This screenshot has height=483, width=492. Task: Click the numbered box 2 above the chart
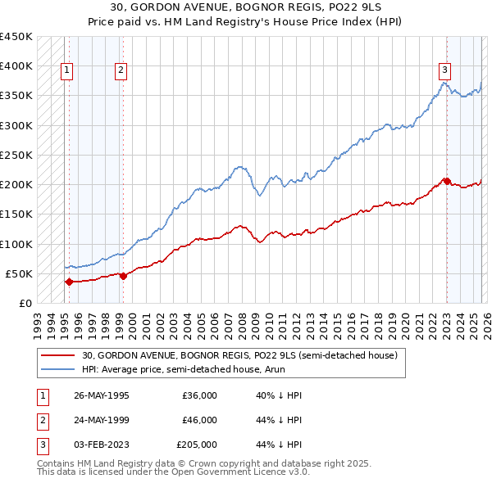click(121, 71)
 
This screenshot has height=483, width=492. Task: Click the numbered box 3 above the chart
click(444, 71)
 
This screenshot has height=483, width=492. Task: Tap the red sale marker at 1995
click(68, 282)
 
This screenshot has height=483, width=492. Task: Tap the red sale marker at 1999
click(123, 276)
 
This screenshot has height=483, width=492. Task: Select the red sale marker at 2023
click(446, 181)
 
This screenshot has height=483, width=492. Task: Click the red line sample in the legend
click(59, 356)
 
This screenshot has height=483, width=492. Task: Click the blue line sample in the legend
click(59, 370)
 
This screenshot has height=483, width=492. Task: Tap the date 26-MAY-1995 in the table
click(102, 395)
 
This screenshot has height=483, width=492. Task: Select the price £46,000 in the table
click(199, 420)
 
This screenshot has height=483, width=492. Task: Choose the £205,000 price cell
click(197, 445)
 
